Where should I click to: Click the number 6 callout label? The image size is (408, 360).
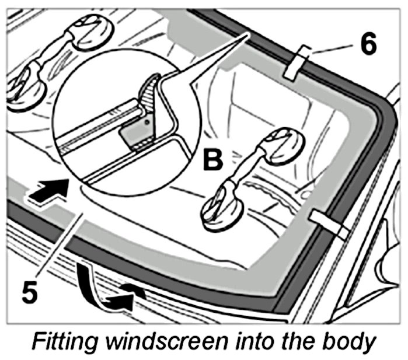[x=369, y=44]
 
